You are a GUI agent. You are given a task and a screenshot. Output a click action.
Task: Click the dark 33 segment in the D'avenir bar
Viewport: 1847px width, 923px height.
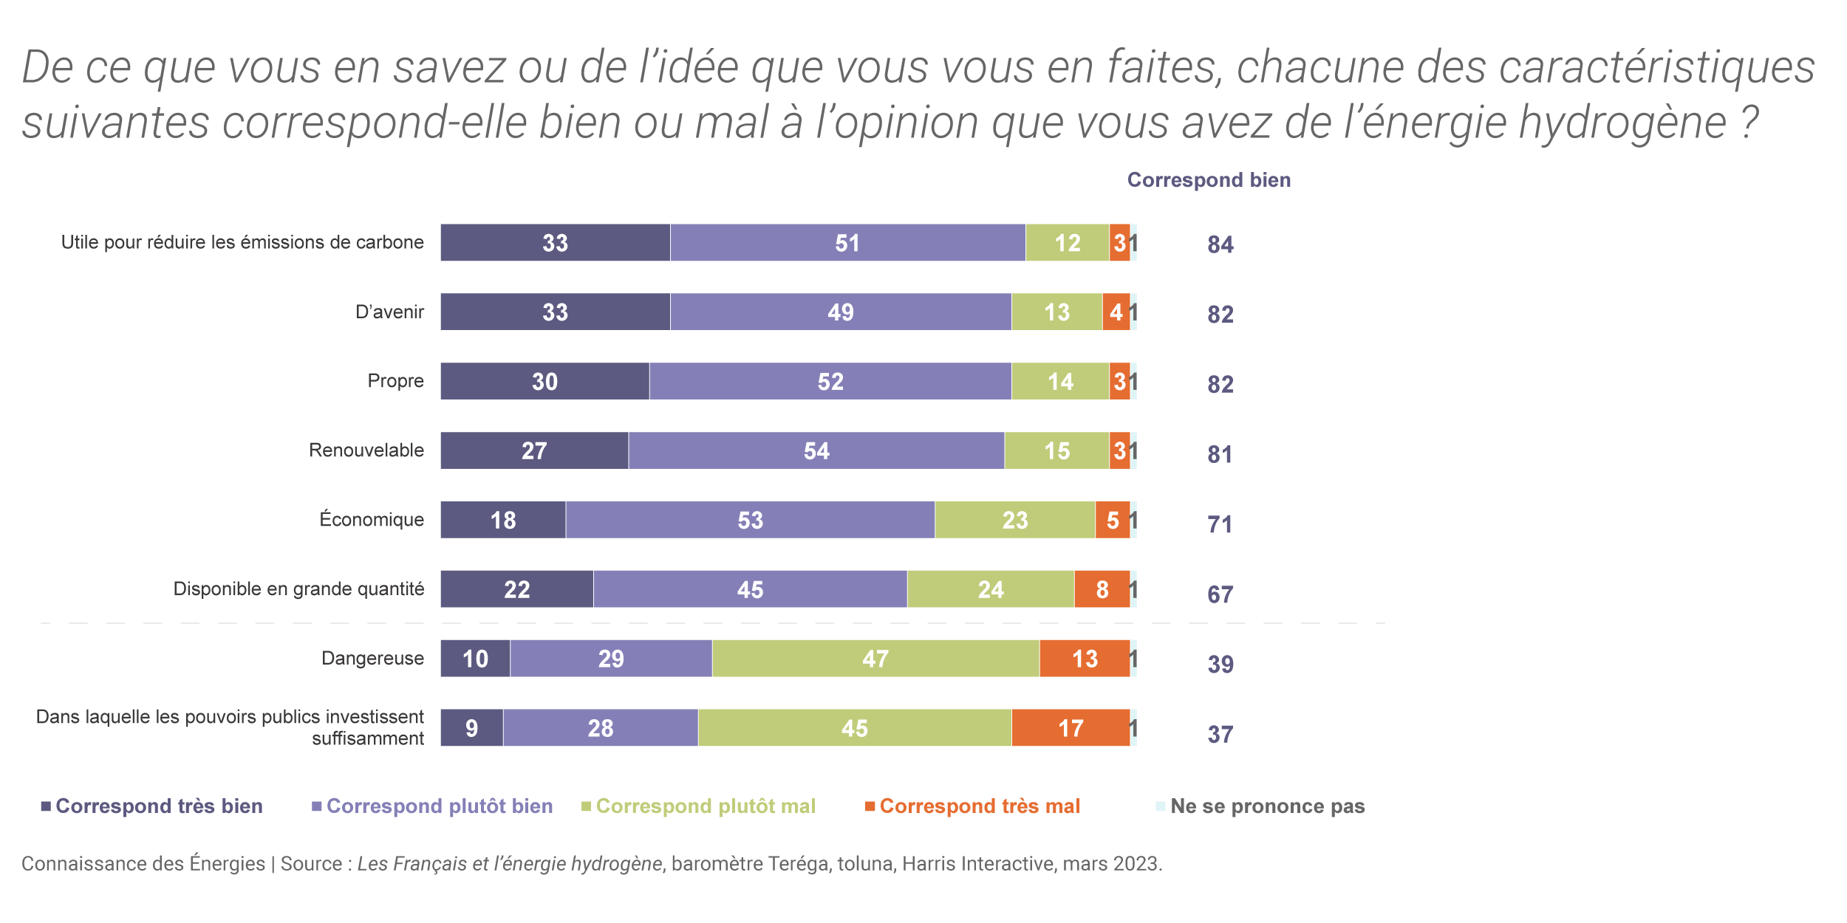tap(555, 312)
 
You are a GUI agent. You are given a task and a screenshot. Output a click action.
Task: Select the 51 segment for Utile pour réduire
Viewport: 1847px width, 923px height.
tap(847, 243)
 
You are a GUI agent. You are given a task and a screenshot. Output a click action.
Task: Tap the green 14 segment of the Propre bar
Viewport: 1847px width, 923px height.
tap(1060, 381)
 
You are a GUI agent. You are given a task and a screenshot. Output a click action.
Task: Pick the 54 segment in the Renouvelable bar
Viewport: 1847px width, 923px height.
tap(816, 450)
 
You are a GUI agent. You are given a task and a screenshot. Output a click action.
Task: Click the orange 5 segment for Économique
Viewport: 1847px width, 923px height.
tap(1113, 520)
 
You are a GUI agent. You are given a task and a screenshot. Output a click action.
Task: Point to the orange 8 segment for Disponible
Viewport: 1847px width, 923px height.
tap(1102, 589)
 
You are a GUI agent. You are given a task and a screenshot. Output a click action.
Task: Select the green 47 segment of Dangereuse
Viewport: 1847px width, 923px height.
tap(875, 659)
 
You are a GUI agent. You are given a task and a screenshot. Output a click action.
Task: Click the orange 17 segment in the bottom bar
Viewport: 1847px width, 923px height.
tap(1071, 728)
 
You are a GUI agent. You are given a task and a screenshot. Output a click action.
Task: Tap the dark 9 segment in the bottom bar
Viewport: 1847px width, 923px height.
tap(471, 728)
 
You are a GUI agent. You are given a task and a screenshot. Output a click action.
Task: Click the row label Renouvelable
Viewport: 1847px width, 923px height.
tap(366, 450)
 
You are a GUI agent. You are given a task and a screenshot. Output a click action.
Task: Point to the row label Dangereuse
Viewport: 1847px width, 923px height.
tap(372, 659)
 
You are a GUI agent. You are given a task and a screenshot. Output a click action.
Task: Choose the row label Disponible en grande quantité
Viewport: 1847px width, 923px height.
tap(298, 589)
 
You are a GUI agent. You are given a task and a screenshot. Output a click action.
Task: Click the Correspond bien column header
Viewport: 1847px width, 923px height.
tap(1209, 180)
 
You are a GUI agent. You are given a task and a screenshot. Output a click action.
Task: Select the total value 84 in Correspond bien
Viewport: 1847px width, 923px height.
tap(1220, 244)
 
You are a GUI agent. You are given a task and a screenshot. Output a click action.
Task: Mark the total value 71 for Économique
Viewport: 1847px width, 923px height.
tap(1220, 524)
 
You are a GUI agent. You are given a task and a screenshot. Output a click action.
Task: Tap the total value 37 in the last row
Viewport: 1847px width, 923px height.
tap(1220, 735)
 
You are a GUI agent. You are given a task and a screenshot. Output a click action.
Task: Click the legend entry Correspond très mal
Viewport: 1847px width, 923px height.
tap(979, 806)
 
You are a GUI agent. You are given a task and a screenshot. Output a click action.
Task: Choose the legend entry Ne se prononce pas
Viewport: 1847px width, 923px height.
tap(1267, 806)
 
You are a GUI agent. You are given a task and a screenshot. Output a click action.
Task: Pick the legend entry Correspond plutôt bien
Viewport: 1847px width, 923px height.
tap(439, 806)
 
